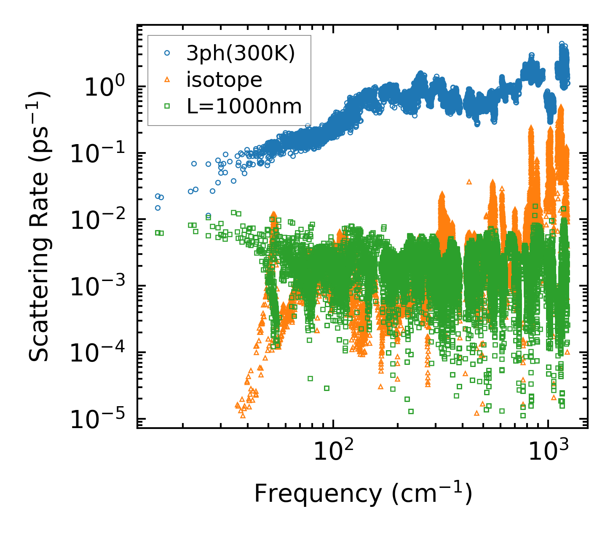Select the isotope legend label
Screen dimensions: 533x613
point(224,80)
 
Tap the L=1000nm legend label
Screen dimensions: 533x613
point(244,107)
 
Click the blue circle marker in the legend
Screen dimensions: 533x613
point(167,53)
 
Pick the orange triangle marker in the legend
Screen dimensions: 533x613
point(167,80)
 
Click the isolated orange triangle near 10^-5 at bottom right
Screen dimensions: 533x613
point(476,413)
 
